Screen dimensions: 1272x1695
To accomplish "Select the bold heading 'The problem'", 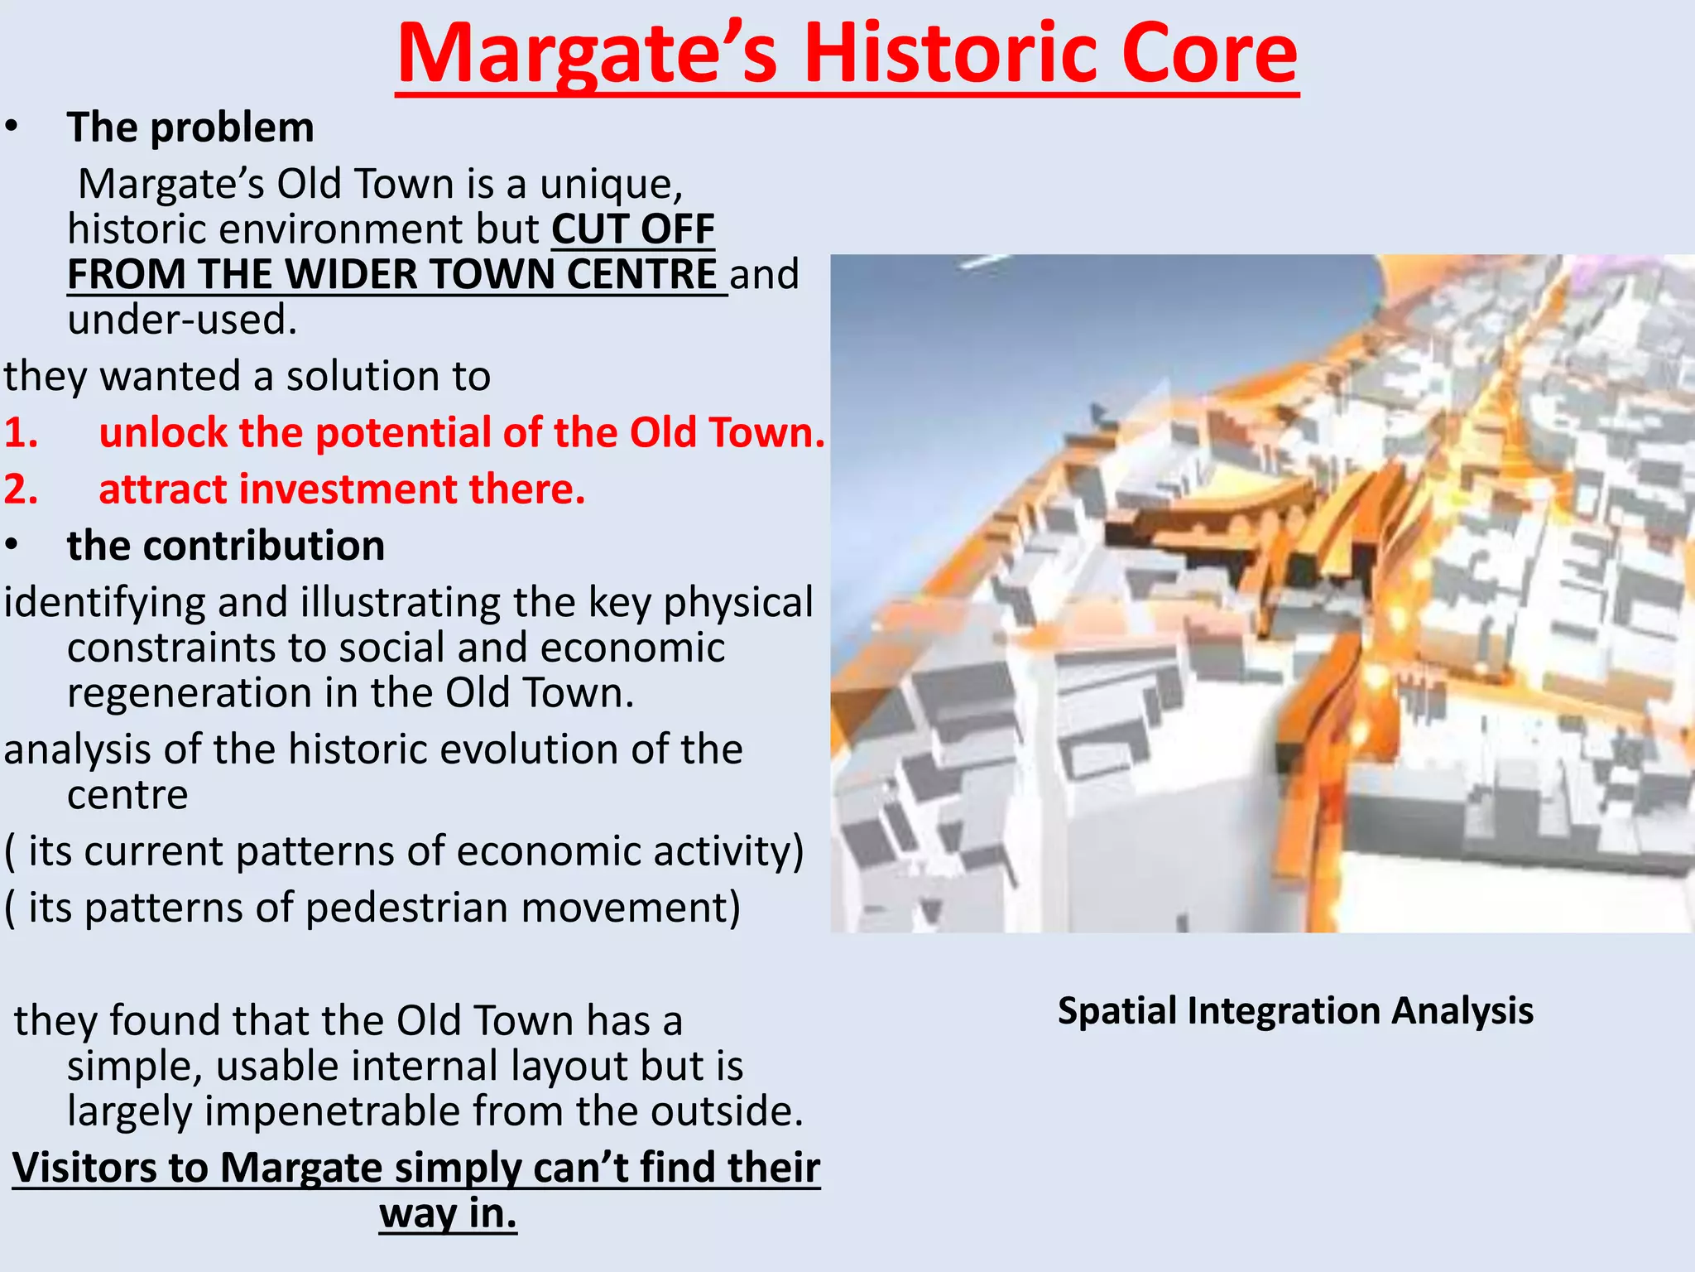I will pyautogui.click(x=190, y=128).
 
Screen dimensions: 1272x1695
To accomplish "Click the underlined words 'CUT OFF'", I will pyautogui.click(x=633, y=229).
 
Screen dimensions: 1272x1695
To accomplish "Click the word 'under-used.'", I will pyautogui.click(x=182, y=320).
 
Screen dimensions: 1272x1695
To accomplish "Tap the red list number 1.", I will pyautogui.click(x=22, y=433).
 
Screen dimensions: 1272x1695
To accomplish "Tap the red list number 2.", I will pyautogui.click(x=22, y=489).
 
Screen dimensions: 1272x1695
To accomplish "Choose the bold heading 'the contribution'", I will pyautogui.click(x=226, y=546).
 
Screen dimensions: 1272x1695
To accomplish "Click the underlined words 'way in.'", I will pyautogui.click(x=448, y=1214).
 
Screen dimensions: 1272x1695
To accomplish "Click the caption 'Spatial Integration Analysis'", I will pyautogui.click(x=1295, y=1011).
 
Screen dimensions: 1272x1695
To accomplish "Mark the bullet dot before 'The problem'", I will pyautogui.click(x=11, y=128).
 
